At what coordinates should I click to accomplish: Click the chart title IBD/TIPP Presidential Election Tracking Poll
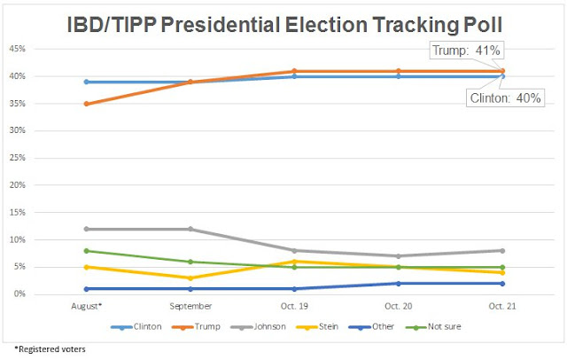[x=283, y=20]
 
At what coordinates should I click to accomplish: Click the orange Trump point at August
[x=85, y=104]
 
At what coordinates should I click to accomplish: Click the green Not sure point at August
[x=85, y=251]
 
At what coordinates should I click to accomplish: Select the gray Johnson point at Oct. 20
[x=399, y=256]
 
